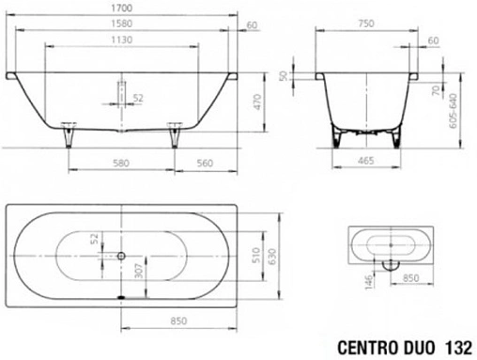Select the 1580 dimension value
tap(121, 23)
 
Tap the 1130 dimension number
tap(121, 39)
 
